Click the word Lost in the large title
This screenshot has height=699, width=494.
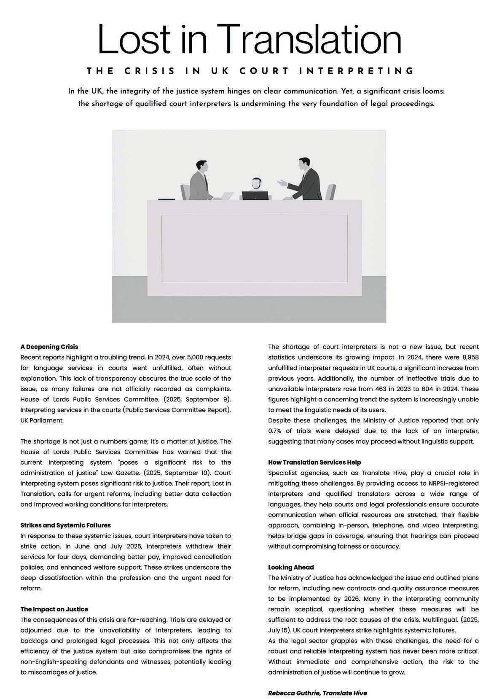(x=134, y=39)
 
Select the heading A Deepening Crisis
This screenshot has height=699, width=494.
(x=49, y=347)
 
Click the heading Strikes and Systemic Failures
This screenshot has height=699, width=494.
(x=66, y=525)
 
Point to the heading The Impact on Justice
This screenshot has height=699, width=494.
(x=54, y=609)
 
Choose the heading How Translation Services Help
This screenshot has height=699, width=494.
(x=314, y=462)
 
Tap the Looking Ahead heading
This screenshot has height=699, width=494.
(x=291, y=567)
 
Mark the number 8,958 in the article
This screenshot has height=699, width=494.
(x=468, y=358)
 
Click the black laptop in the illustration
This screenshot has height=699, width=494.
(x=255, y=196)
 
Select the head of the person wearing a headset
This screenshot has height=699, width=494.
(x=256, y=183)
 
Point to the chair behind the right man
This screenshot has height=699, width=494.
(x=331, y=192)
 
